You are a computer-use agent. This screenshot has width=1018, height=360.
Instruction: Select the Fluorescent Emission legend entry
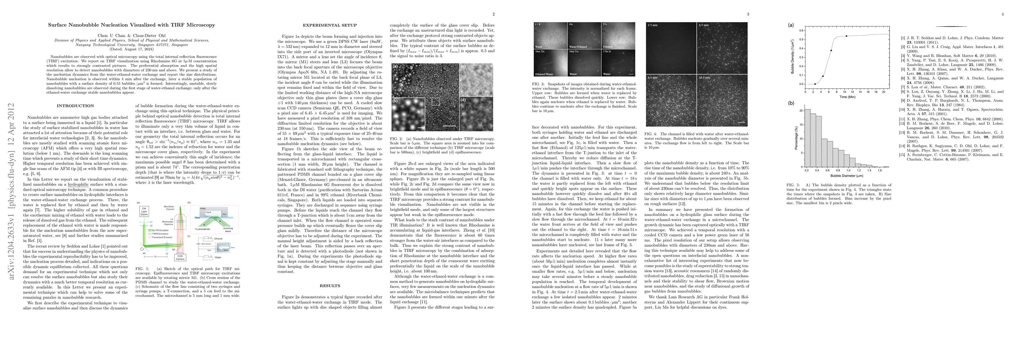(158, 237)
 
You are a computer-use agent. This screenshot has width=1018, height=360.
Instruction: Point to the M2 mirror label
(173, 250)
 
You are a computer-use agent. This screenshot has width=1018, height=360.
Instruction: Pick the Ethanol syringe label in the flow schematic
(218, 239)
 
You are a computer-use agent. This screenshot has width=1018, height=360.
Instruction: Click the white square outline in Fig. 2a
(435, 102)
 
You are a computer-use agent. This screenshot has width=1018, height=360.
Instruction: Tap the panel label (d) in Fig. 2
(463, 100)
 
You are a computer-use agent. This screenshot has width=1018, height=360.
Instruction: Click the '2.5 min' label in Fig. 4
(652, 25)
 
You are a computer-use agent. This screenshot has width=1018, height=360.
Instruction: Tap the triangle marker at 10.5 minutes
(843, 36)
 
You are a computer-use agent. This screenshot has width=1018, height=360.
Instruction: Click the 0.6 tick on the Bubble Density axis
(801, 30)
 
